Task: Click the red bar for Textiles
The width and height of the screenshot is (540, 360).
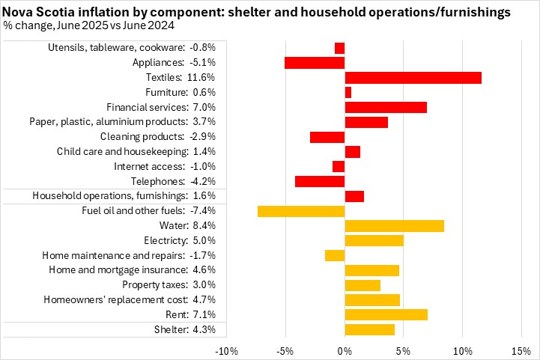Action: pos(413,78)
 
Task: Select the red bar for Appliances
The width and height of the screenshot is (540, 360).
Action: pos(315,63)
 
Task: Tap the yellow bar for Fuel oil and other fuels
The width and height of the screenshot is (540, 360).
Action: pos(301,211)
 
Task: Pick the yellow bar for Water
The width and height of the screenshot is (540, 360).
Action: pos(394,226)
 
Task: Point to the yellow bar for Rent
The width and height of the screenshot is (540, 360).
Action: pos(386,314)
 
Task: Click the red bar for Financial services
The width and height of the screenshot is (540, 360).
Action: pos(386,107)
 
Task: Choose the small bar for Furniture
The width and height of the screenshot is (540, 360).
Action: pos(348,92)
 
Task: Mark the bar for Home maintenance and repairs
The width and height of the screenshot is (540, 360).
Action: pos(335,255)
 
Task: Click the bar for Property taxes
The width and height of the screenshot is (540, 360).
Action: pos(362,285)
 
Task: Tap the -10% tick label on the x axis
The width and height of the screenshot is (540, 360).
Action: pos(226,350)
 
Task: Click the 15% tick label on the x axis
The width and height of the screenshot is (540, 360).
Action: pos(521,350)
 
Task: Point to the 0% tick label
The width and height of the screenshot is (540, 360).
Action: pos(345,350)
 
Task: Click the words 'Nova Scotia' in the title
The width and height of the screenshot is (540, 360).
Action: pos(34,12)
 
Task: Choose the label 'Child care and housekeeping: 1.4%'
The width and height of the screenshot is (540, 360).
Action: pos(136,152)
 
